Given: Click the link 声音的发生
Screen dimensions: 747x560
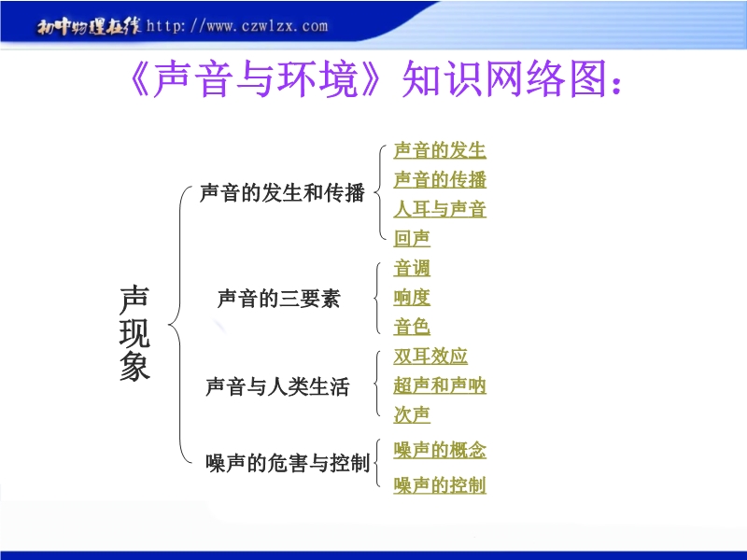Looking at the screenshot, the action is tap(440, 150).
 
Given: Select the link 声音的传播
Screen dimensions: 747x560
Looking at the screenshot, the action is tap(440, 180).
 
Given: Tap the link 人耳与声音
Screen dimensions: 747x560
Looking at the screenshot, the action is tap(440, 209).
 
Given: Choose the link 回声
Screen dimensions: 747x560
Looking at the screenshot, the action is tap(412, 239).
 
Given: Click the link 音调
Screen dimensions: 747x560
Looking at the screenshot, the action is tap(412, 268).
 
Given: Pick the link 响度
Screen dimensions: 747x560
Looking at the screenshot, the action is tap(412, 298).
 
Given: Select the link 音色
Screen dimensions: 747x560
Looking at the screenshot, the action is tap(412, 328).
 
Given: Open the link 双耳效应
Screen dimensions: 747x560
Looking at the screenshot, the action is tap(430, 357).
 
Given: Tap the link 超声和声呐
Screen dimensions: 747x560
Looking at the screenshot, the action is tap(440, 385).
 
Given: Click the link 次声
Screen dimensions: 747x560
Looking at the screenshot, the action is tap(412, 414).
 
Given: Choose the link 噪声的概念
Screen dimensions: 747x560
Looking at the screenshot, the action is tap(440, 451).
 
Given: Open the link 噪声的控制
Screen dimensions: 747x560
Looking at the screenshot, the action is tap(440, 485).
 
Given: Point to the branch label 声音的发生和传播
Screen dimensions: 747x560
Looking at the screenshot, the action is tap(282, 193).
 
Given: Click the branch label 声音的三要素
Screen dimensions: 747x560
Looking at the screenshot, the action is tap(278, 299).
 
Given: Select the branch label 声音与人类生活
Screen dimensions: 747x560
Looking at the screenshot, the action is tap(277, 386).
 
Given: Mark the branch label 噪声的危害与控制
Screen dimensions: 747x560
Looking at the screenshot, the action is tap(288, 463).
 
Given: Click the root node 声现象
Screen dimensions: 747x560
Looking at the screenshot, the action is tap(134, 333).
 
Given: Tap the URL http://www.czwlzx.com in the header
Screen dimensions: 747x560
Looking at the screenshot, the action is tap(237, 26).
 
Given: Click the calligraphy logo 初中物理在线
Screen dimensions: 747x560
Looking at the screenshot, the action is tap(89, 27).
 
